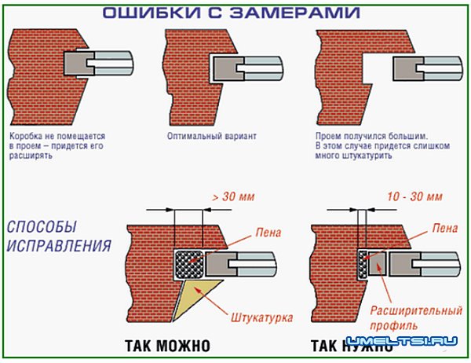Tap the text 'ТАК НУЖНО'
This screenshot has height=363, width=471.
click(349, 346)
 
